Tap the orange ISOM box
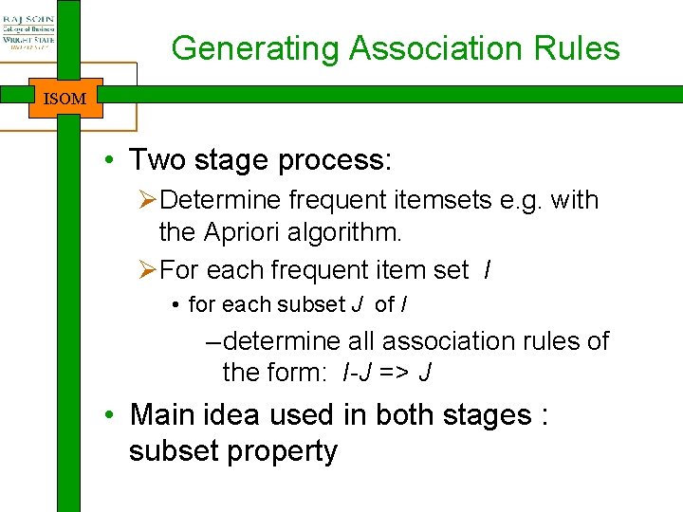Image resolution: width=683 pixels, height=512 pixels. (x=65, y=99)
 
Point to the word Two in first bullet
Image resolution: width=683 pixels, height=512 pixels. (x=158, y=159)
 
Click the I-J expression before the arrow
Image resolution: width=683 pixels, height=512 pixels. (x=357, y=373)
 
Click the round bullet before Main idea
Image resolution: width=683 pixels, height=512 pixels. (x=111, y=416)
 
